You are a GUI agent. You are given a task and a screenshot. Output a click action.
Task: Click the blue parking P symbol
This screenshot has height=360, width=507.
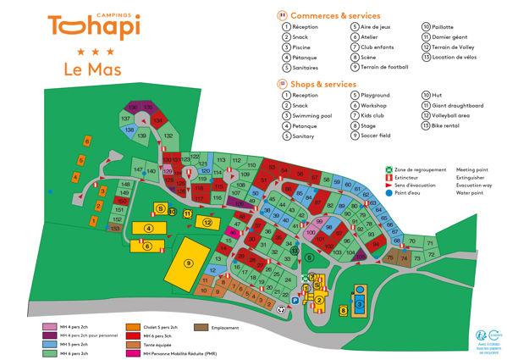[295, 299]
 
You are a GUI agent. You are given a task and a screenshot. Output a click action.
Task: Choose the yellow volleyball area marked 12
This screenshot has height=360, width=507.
[207, 222]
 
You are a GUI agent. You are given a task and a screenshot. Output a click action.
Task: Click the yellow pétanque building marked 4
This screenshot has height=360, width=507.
[149, 228]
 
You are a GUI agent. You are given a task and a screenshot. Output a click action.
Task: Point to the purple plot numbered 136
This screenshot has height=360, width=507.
[133, 108]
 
